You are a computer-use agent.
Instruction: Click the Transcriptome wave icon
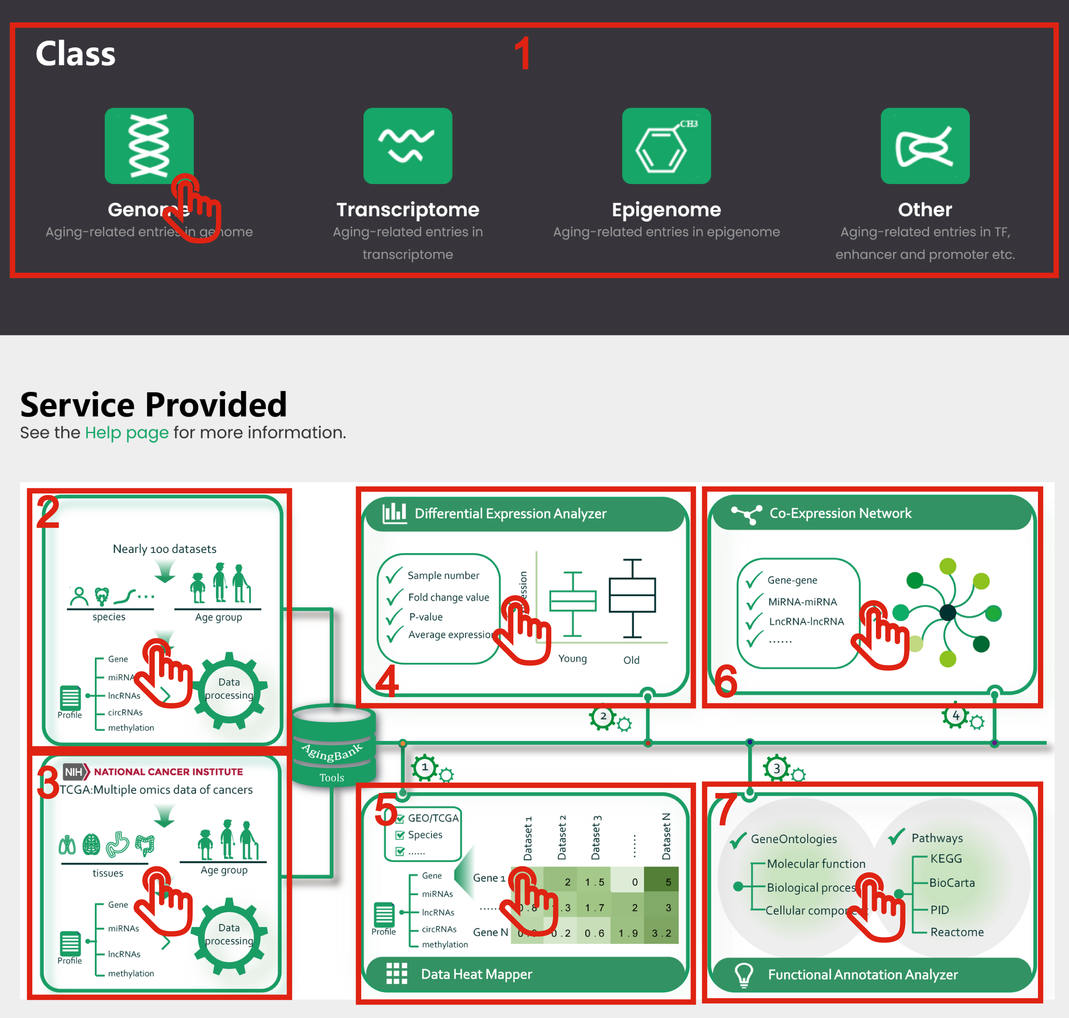click(407, 145)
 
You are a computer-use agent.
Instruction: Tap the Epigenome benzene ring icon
click(666, 145)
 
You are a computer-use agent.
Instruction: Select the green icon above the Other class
click(925, 145)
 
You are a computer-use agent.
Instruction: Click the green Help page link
click(126, 432)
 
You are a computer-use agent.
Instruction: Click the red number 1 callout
click(522, 54)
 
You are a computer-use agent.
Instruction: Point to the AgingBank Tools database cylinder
click(333, 743)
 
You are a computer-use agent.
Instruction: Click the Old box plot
click(632, 597)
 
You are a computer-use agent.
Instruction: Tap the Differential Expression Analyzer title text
click(510, 513)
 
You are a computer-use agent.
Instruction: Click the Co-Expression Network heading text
click(840, 513)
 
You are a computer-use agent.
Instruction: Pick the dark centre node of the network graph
click(947, 612)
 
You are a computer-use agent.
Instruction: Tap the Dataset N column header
click(667, 836)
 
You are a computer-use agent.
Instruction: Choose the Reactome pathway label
click(956, 932)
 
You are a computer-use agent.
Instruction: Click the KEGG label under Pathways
click(946, 859)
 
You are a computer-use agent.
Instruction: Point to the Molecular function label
click(816, 863)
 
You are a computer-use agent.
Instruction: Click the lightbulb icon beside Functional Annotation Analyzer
click(744, 974)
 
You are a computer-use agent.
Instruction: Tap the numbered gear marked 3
click(776, 768)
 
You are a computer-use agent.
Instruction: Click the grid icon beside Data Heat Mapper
click(396, 974)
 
